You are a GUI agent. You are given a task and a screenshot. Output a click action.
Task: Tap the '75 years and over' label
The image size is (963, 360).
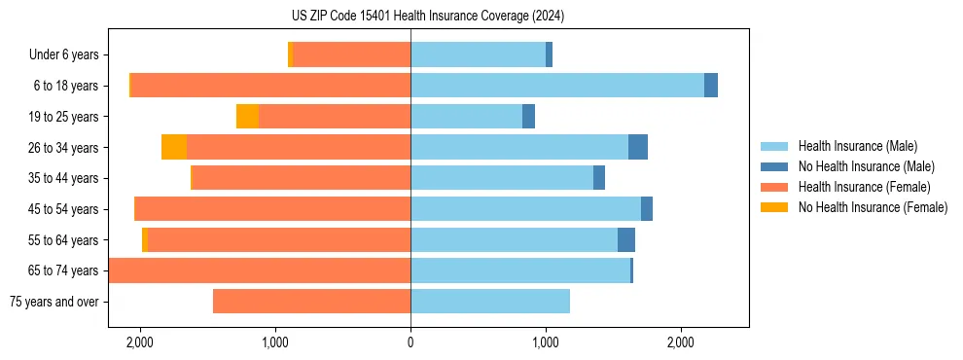[54, 302]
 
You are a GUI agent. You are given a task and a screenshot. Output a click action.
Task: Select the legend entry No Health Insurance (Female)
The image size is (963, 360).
[873, 207]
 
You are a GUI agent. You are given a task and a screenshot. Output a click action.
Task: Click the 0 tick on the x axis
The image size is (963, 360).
[410, 342]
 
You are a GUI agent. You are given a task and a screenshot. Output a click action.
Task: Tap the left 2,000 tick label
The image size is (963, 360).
[140, 342]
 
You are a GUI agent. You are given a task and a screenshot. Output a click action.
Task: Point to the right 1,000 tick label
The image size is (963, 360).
[546, 342]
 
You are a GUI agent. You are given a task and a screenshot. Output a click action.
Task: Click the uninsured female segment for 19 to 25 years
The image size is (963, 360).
[247, 117]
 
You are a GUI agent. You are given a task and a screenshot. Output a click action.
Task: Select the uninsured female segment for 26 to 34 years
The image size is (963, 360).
[174, 147]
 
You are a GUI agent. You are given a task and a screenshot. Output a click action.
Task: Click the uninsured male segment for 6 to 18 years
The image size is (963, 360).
[711, 86]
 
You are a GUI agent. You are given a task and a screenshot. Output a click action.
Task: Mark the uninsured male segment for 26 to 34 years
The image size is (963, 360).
[638, 147]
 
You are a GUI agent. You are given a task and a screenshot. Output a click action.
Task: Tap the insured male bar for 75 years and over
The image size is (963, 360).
[490, 302]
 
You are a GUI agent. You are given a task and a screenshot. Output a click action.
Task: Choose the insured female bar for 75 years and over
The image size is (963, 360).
[311, 302]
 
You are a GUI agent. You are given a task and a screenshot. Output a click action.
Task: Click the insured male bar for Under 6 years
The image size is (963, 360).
[478, 54]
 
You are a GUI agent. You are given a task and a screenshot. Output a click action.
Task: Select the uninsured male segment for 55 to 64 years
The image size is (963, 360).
[626, 239]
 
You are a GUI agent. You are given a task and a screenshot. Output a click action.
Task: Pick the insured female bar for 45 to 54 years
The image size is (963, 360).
[273, 209]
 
